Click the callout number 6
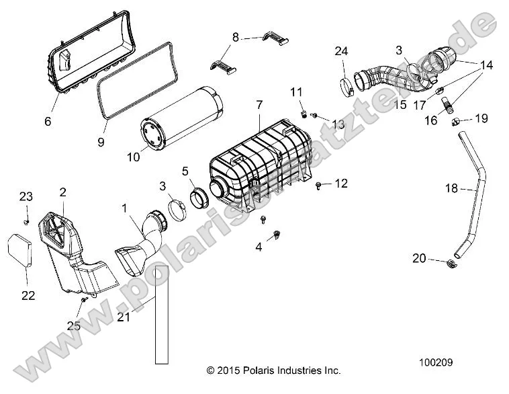tap(48, 122)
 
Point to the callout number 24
tap(341, 51)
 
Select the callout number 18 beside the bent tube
tap(451, 189)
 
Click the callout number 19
tap(481, 118)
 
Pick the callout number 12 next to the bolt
tap(341, 183)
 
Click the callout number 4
tap(259, 247)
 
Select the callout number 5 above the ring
tap(185, 171)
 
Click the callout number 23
tap(26, 196)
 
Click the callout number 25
tap(73, 325)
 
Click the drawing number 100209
tap(436, 362)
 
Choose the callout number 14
tap(486, 65)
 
